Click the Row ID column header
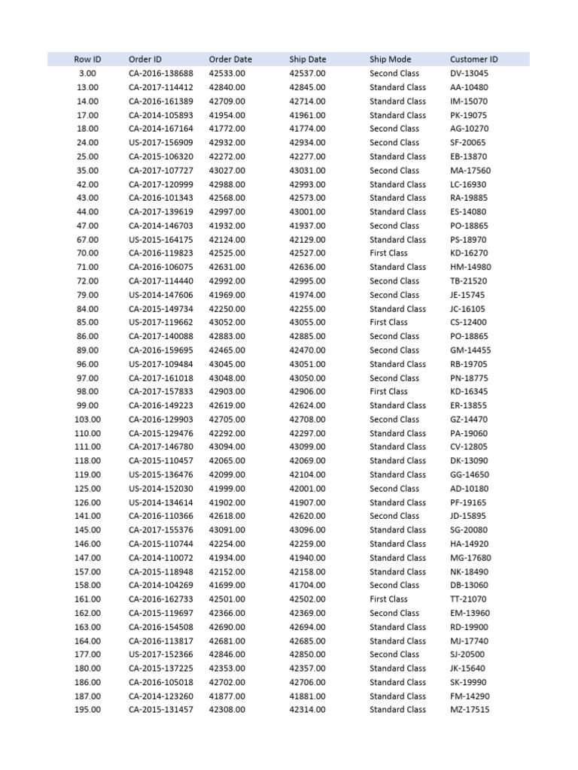click(x=87, y=59)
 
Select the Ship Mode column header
click(x=390, y=59)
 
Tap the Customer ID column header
click(x=473, y=59)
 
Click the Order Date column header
click(x=230, y=59)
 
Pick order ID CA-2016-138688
click(x=160, y=74)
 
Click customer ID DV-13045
click(x=468, y=74)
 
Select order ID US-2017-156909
click(x=160, y=143)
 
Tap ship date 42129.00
click(x=307, y=240)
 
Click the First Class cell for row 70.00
click(x=388, y=253)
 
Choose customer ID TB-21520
click(x=468, y=281)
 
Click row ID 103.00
click(x=87, y=420)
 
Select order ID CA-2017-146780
click(x=160, y=447)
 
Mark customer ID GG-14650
click(x=469, y=474)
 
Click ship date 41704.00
click(x=307, y=585)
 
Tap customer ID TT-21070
click(x=468, y=599)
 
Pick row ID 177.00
click(x=87, y=654)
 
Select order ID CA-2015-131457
click(x=160, y=710)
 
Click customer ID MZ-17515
click(x=469, y=710)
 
